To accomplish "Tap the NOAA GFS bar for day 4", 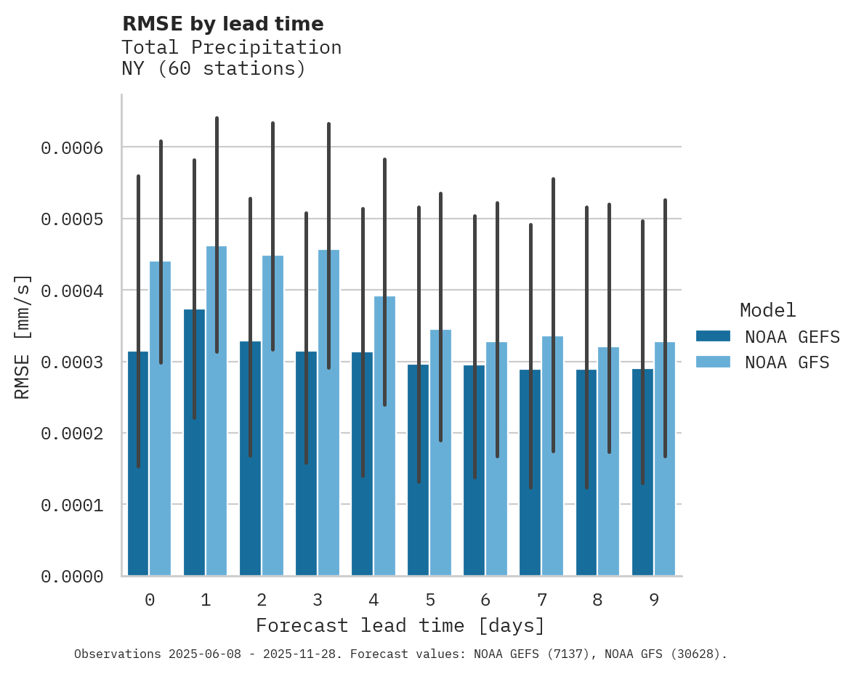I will [x=384, y=436].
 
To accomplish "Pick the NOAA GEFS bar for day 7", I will [x=530, y=472].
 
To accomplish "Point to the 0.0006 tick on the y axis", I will [x=72, y=148].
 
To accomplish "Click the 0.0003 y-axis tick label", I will [x=72, y=362].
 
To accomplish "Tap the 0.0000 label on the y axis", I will [x=72, y=577].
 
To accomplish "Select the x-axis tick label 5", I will [x=430, y=600].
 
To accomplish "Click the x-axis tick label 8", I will [x=598, y=600].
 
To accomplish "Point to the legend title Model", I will [x=767, y=310].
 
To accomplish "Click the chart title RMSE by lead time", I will [x=222, y=24].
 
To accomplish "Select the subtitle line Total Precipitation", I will [x=231, y=47].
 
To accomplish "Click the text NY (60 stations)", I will [x=214, y=69].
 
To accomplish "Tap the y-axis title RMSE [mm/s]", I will [x=23, y=336].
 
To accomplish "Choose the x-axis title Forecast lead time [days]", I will [x=400, y=625].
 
